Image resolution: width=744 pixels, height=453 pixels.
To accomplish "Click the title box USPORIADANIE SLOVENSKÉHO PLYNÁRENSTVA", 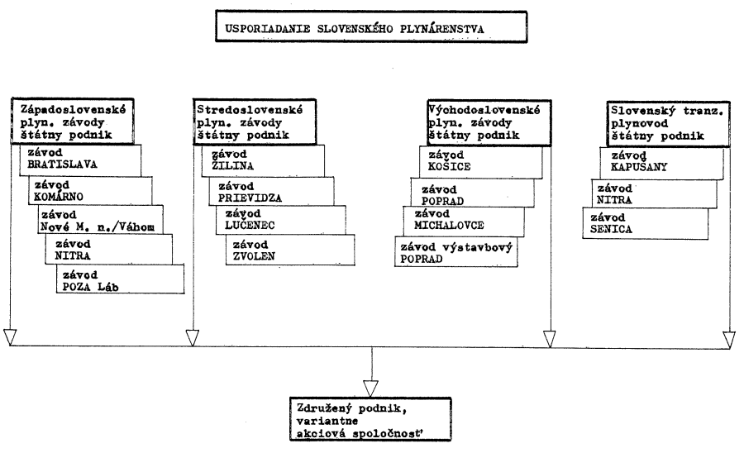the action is tap(371, 27).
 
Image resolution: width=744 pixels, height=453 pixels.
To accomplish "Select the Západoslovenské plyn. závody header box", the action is tap(73, 122).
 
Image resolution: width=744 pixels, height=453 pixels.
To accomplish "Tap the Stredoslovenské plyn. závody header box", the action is tap(255, 122).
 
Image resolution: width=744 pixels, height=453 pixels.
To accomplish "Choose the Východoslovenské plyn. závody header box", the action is tap(489, 122).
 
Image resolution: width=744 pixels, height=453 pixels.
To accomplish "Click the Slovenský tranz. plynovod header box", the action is tap(669, 123).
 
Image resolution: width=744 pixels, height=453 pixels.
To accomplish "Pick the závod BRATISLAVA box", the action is tap(80, 160).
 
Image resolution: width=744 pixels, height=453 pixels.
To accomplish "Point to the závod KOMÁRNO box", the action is tap(90, 191).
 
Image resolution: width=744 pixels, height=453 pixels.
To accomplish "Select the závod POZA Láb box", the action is tap(120, 279).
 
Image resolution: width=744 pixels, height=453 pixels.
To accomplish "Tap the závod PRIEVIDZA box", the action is tap(271, 191).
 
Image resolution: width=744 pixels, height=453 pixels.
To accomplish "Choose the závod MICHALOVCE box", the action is tap(464, 221).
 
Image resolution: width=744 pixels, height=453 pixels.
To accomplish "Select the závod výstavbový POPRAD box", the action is tap(456, 252).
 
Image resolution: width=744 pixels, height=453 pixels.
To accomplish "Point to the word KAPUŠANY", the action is tap(639, 167).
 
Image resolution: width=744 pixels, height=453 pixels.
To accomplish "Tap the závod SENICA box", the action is tap(646, 223).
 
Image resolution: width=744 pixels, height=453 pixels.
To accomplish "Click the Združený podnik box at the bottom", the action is tap(370, 420).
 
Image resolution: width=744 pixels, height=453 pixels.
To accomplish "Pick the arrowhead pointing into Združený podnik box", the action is tap(370, 389).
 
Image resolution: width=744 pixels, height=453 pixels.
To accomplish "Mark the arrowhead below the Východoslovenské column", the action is tap(550, 339).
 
